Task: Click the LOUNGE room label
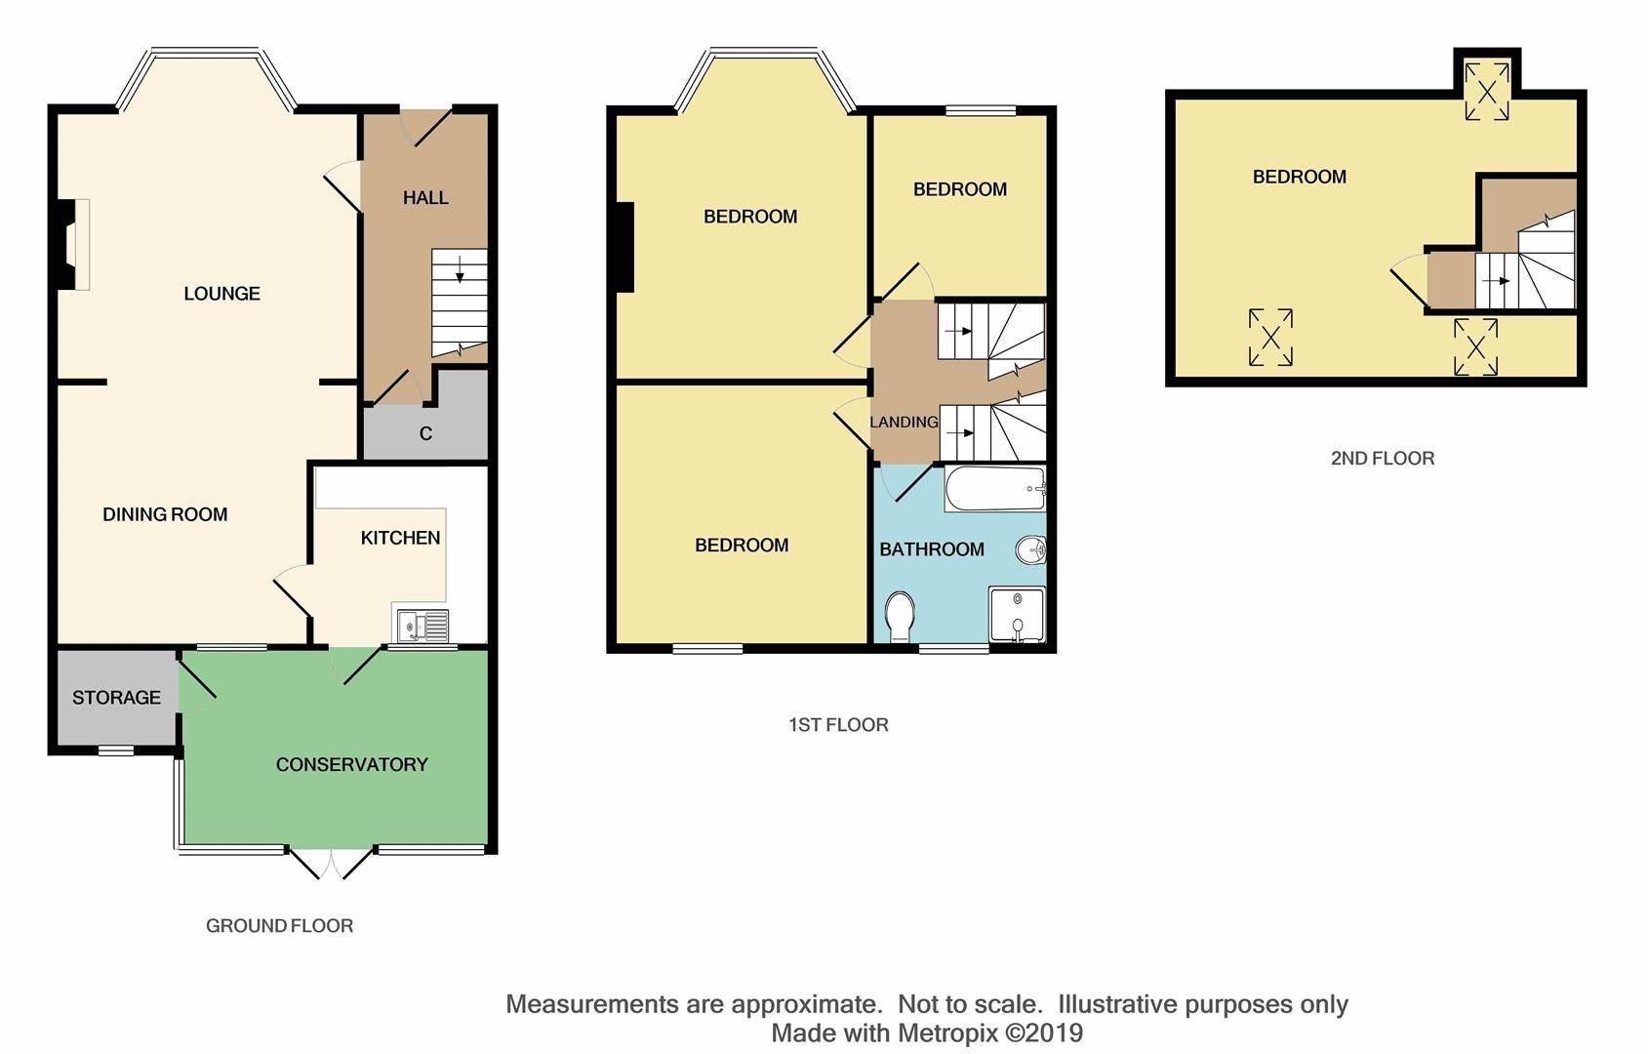tap(221, 294)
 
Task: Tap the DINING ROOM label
tap(165, 514)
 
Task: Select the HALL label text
tap(425, 198)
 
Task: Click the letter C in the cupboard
tap(425, 433)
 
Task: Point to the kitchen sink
tap(421, 625)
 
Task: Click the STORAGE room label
tap(116, 698)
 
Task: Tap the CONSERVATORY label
tap(351, 765)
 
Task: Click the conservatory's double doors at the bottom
tap(332, 862)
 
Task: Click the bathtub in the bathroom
tap(993, 489)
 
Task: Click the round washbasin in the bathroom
tap(1031, 551)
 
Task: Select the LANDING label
tap(904, 423)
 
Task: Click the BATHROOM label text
tap(931, 549)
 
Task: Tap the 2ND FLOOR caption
tap(1382, 459)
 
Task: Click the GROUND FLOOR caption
tap(279, 926)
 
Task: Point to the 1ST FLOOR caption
tap(838, 725)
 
